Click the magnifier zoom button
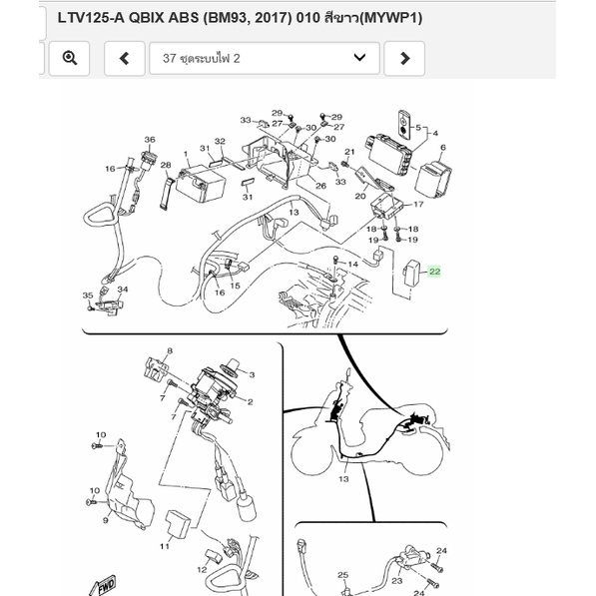click(x=69, y=59)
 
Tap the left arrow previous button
click(x=125, y=59)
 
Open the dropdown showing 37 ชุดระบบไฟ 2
click(x=265, y=59)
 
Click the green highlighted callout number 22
click(x=434, y=272)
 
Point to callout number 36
click(x=150, y=140)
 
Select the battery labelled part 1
click(x=200, y=184)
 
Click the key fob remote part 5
click(x=403, y=125)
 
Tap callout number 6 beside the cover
click(x=443, y=148)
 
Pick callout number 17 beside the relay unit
click(x=418, y=204)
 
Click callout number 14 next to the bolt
click(x=352, y=264)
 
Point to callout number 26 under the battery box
click(x=320, y=186)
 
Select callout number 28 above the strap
click(x=166, y=165)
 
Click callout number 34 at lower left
click(x=123, y=290)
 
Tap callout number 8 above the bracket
click(x=170, y=350)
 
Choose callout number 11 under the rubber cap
click(x=164, y=546)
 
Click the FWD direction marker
click(x=104, y=586)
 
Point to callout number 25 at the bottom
click(x=342, y=575)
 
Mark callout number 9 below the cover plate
click(x=106, y=520)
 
